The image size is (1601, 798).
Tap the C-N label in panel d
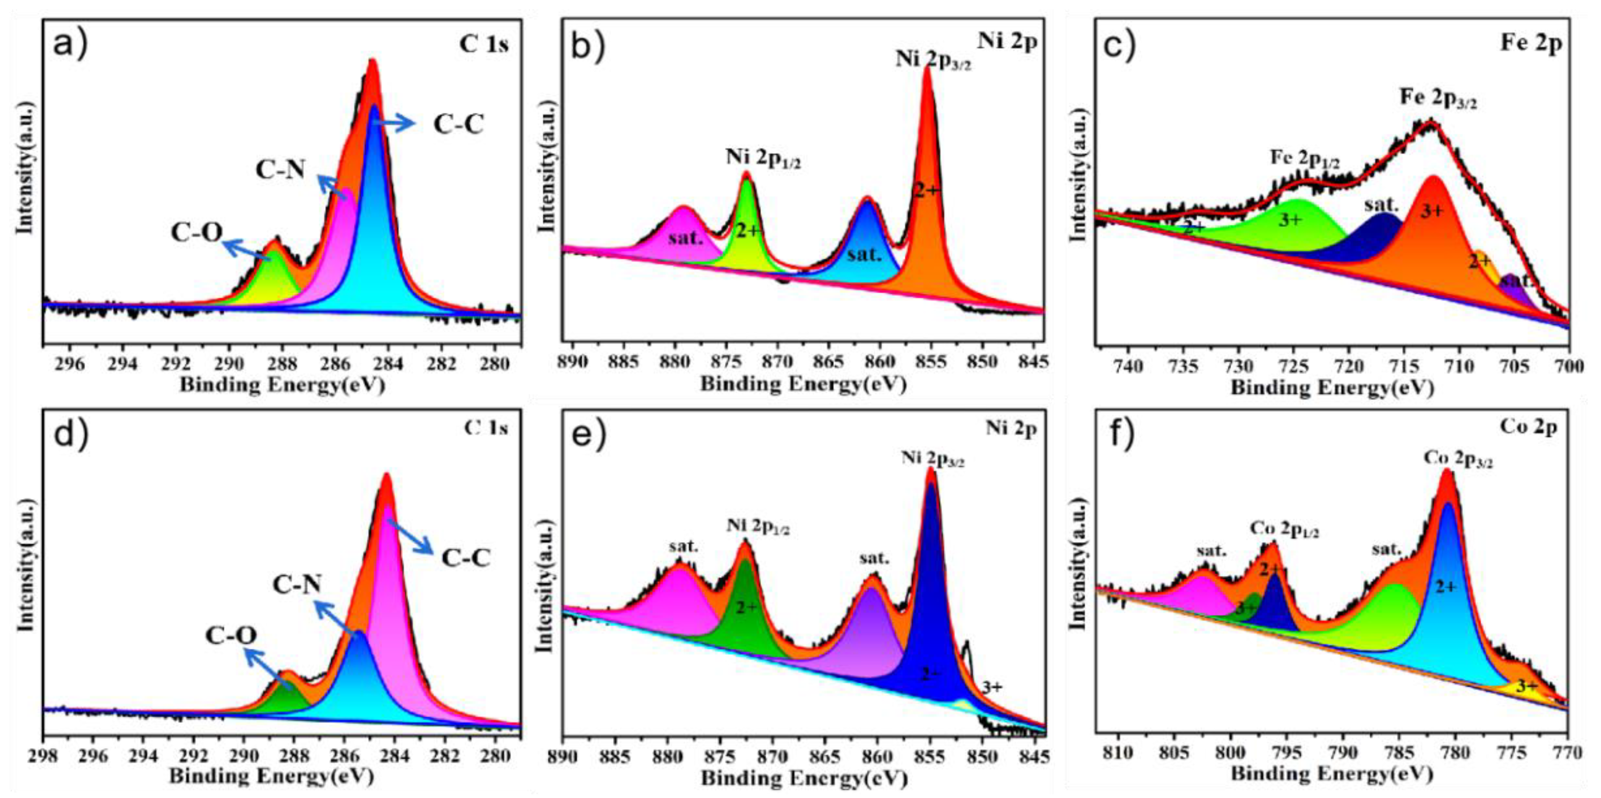click(297, 584)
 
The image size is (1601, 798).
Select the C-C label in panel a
click(458, 125)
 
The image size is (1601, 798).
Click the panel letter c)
click(1119, 43)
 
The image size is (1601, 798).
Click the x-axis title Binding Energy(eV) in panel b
click(803, 384)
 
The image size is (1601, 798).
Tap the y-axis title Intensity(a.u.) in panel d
click(25, 578)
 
